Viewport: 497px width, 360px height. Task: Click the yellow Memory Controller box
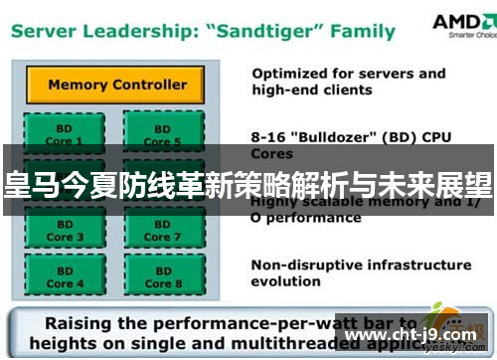pos(117,86)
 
